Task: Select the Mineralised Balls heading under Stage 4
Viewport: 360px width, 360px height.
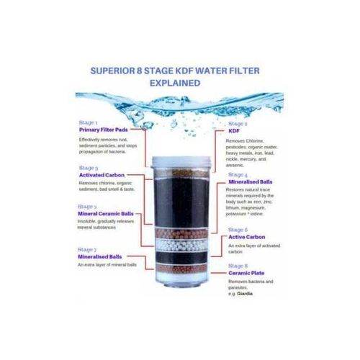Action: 249,181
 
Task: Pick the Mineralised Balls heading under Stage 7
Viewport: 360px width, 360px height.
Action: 102,256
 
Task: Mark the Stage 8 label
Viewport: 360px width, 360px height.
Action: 238,265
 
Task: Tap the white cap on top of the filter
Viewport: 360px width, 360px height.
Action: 180,148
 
